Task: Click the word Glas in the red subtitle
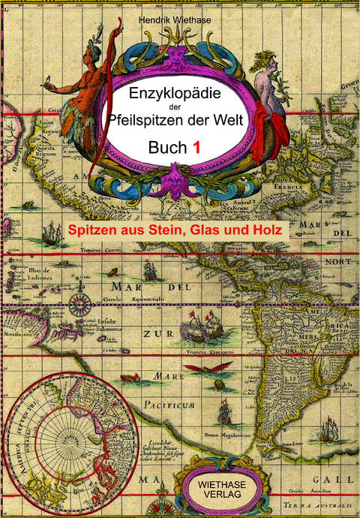(x=218, y=229)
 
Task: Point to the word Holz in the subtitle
(x=265, y=229)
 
